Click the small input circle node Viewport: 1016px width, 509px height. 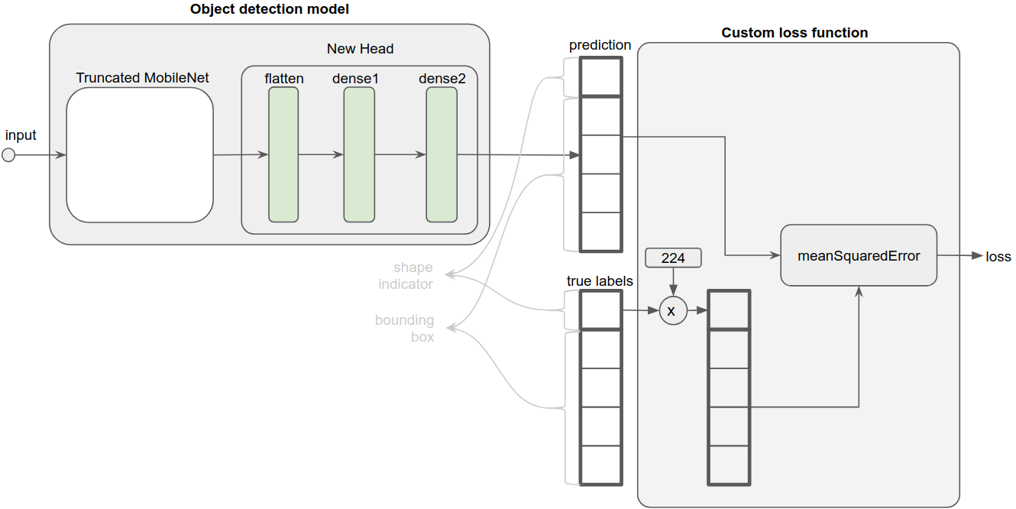coord(8,155)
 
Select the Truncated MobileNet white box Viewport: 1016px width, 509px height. coord(139,155)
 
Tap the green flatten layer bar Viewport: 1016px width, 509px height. coord(283,154)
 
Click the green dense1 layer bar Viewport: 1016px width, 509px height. coord(359,154)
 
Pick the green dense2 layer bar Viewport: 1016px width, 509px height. coord(442,154)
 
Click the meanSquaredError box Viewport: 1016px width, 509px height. coord(859,255)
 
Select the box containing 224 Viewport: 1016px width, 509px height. coord(673,258)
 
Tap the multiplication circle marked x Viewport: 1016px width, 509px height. coord(672,311)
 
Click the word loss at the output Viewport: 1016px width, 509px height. coord(998,257)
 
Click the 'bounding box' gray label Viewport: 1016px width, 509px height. coord(404,328)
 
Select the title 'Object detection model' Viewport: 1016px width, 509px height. coord(269,10)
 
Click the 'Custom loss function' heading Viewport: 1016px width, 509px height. coord(794,33)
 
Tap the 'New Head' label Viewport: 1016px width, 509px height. coord(360,49)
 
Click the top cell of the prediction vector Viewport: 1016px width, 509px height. coord(600,76)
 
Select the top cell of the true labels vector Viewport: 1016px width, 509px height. coord(600,310)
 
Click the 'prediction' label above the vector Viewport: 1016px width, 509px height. coord(600,45)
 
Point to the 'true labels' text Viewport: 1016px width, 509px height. coord(600,281)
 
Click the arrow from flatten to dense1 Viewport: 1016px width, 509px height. coord(321,154)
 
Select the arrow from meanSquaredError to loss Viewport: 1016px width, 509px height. coord(959,256)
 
